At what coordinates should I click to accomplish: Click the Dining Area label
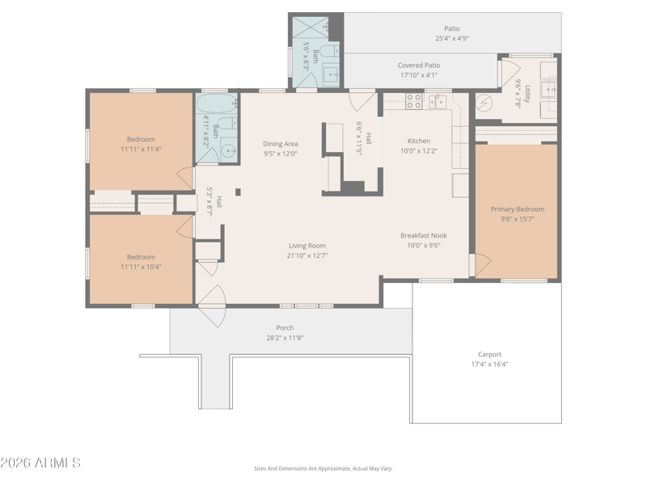tap(281, 144)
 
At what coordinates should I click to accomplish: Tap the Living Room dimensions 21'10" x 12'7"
tap(307, 255)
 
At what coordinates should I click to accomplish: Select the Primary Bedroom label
tap(518, 209)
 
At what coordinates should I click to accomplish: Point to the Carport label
tap(489, 354)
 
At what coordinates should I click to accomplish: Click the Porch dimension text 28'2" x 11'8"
tap(285, 338)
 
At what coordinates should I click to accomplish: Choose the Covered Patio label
tap(419, 65)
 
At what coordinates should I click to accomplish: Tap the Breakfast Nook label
tap(424, 235)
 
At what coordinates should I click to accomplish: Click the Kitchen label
tap(419, 141)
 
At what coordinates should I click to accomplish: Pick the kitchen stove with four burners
tap(413, 102)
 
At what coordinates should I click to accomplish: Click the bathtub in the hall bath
tap(217, 103)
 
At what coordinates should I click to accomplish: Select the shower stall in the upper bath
tap(311, 27)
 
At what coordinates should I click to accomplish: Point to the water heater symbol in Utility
tap(484, 103)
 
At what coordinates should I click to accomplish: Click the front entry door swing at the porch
tap(212, 306)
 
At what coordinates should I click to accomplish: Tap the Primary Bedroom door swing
tap(483, 265)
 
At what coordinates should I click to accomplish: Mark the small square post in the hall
tap(238, 192)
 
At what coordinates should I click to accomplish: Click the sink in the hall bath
tap(229, 150)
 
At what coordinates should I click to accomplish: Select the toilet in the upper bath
tap(329, 52)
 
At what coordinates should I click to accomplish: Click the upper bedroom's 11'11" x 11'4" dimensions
tap(141, 150)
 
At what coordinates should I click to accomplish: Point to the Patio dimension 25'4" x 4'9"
tap(452, 38)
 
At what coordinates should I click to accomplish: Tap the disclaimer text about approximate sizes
tap(323, 469)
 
